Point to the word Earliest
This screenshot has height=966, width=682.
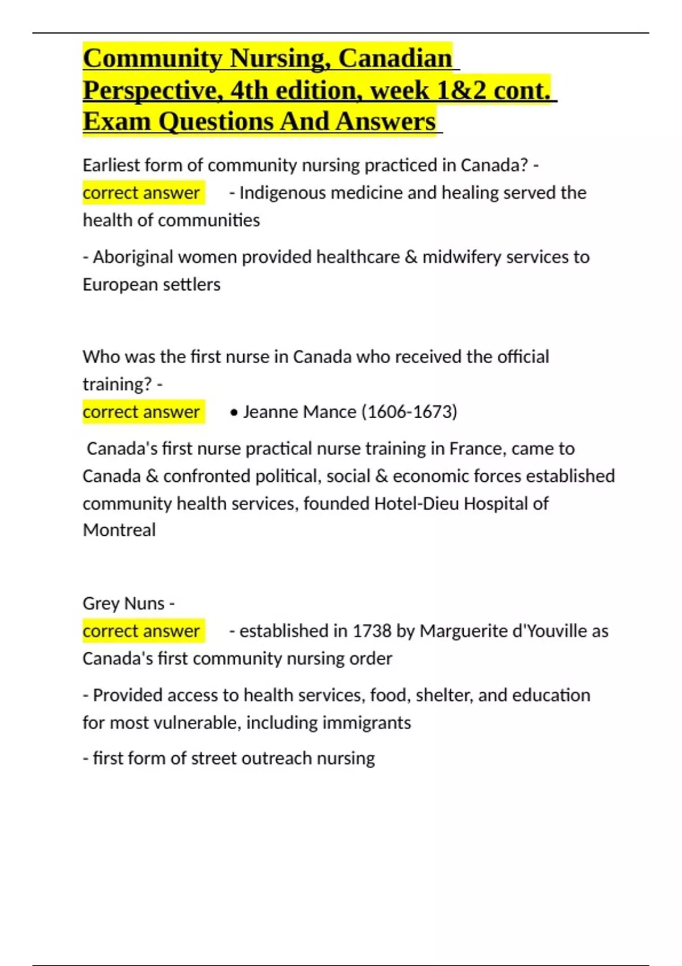click(111, 165)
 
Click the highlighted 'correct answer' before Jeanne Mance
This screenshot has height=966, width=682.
click(141, 412)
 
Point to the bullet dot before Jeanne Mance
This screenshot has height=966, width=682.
click(234, 413)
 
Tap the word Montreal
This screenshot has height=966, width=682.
click(119, 531)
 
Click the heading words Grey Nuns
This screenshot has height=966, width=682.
click(123, 603)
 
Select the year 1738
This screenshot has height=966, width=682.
click(372, 631)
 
